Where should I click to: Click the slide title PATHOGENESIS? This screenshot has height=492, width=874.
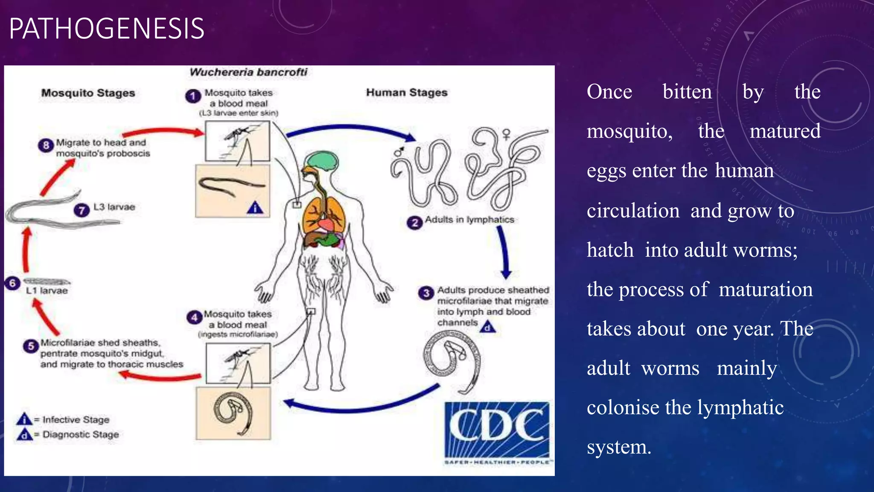[x=107, y=29]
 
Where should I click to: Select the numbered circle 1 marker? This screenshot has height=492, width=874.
[x=193, y=96]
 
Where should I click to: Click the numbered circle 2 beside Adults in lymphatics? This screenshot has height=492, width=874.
[x=414, y=223]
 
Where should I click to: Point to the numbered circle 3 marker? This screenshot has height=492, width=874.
[x=426, y=293]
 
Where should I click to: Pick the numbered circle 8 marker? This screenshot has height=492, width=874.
[x=46, y=145]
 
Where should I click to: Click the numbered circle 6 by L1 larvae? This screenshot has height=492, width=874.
[x=12, y=283]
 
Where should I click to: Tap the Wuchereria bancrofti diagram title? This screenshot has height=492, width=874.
[x=248, y=72]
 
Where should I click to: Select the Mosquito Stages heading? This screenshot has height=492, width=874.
[x=88, y=93]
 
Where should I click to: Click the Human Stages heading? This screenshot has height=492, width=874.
[x=407, y=93]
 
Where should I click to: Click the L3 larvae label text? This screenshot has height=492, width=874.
[x=114, y=207]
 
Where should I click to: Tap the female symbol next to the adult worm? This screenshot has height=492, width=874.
[x=507, y=135]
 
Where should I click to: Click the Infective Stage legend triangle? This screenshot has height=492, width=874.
[x=24, y=419]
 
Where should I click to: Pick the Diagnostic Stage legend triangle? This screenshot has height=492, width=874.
[x=24, y=434]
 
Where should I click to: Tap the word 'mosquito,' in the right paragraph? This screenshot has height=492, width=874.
[x=629, y=132]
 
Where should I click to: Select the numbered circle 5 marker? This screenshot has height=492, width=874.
[x=31, y=346]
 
